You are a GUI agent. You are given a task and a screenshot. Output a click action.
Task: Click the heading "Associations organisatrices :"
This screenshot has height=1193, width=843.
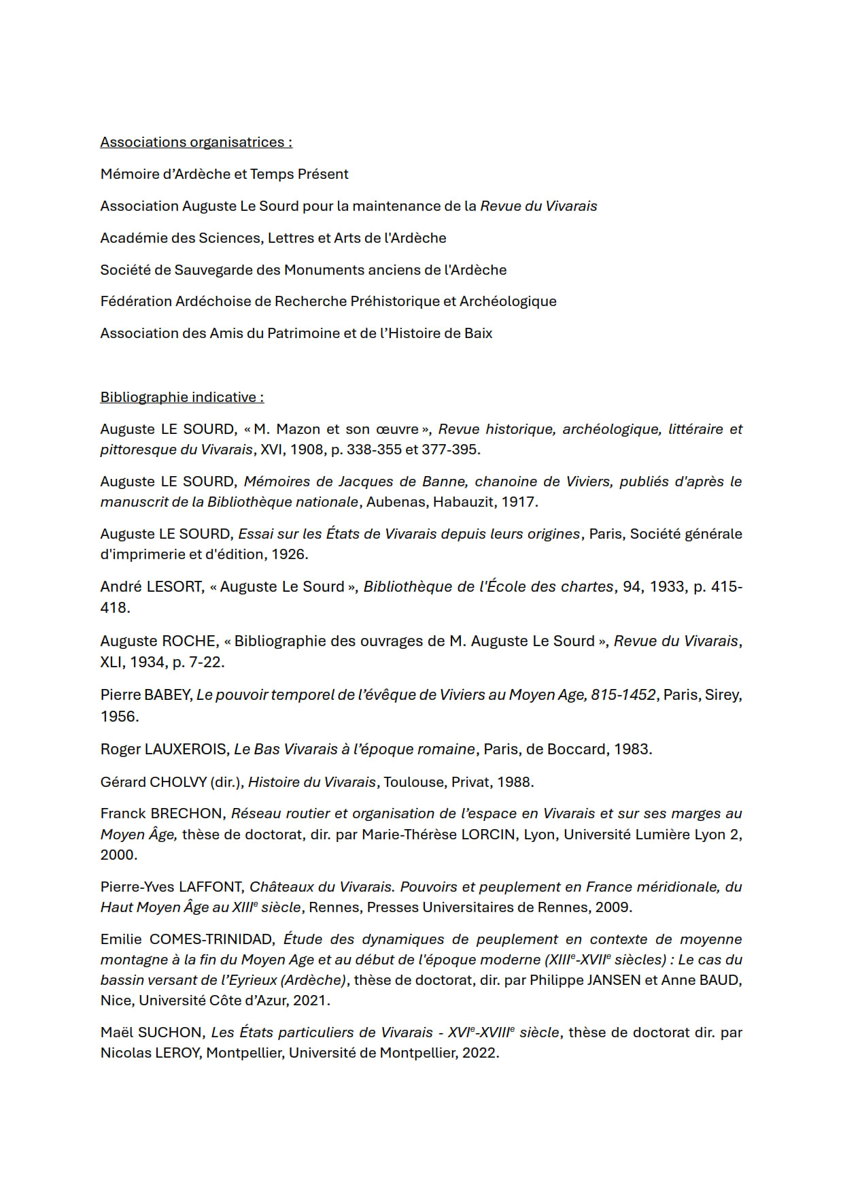tap(196, 142)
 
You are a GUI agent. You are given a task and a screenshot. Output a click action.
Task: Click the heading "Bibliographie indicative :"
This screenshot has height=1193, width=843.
tap(182, 397)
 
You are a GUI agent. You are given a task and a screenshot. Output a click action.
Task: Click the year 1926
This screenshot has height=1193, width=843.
tap(289, 554)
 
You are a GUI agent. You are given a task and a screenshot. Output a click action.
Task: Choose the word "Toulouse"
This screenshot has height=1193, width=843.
tap(413, 782)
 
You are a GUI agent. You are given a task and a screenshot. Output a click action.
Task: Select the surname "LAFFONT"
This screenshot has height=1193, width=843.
tap(211, 887)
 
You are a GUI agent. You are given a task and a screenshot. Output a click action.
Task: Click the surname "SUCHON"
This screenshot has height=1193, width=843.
tap(171, 1032)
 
